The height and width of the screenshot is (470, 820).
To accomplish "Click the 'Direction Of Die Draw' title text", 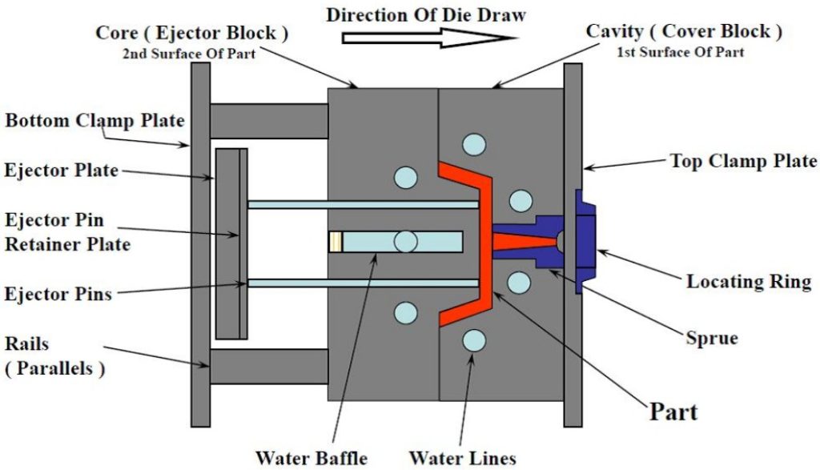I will point(426,13).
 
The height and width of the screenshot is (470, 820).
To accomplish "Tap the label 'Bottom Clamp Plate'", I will point(95,121).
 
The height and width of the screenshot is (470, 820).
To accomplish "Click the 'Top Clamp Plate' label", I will point(743,160).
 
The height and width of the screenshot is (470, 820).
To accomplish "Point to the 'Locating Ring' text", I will point(749,282).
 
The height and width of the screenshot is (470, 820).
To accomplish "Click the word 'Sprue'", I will point(711,338).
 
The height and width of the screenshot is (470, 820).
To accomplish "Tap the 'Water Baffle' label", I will point(311,458).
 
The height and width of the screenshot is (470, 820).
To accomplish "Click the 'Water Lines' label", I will point(462,458).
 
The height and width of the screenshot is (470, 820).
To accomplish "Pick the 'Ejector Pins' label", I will point(58,294).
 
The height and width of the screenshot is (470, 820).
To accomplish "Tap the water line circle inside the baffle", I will point(405,241).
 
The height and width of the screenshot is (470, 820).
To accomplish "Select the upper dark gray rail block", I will point(268,121).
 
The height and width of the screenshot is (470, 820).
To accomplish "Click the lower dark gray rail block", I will point(268,366).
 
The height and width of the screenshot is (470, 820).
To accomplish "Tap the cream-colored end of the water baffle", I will point(336,241).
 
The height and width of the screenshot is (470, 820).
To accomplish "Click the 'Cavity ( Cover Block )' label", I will point(684,32).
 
